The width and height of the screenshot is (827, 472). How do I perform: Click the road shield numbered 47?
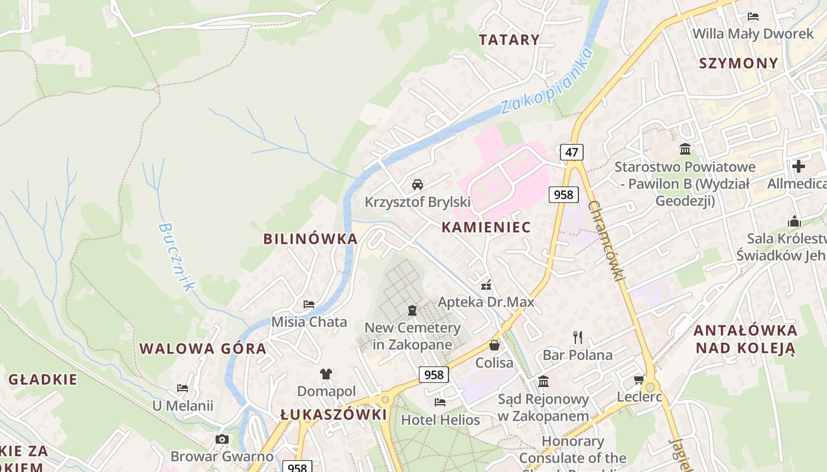pos(571,152)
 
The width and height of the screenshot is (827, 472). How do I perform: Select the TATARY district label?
pos(509,40)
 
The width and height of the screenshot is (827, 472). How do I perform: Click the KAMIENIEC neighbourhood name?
pos(486,227)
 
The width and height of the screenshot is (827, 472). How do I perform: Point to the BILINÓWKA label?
pos(310,239)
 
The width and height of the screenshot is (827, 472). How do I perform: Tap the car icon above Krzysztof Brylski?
pos(418,185)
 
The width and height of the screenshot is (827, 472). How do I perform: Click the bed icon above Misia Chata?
pos(309,304)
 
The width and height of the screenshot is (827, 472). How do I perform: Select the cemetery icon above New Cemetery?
pos(412,310)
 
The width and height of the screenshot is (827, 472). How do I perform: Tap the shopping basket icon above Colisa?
pos(494,345)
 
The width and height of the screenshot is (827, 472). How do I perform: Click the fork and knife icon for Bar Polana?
pos(578,337)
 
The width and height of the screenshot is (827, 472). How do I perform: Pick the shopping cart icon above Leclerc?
pos(639,379)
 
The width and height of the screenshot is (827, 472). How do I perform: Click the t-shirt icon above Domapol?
pos(326,373)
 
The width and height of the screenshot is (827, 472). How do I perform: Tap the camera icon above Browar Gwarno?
pos(222,439)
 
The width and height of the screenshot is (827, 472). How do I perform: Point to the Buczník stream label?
pos(176,257)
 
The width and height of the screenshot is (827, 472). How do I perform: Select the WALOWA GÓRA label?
pos(203,349)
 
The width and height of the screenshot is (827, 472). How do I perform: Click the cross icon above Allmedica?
pos(799,166)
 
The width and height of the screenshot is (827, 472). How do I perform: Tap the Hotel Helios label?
pos(440,420)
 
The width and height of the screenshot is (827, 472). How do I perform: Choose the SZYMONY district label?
pos(738,64)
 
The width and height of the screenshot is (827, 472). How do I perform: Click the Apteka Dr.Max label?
pos(486,302)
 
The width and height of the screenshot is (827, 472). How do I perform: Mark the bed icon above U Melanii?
pos(183,388)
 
